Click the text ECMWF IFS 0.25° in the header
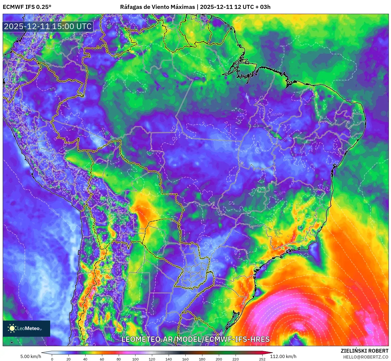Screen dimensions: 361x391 [27, 7]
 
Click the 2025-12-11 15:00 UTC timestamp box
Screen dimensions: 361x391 [48, 26]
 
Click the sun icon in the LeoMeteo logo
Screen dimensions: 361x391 [12, 328]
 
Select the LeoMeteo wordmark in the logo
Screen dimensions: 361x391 [29, 328]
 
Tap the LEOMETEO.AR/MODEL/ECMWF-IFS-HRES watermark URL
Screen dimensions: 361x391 [196, 339]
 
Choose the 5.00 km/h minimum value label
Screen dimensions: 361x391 [31, 356]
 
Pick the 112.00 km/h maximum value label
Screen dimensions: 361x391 [283, 356]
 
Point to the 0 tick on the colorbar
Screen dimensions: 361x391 [52, 359]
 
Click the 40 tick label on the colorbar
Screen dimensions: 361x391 [85, 359]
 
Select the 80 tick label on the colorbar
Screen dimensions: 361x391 [119, 359]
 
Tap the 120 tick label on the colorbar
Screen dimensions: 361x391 [152, 359]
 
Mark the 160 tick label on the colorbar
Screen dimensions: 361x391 [185, 359]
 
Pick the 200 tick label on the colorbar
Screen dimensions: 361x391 [219, 359]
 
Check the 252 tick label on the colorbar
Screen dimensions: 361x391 [262, 359]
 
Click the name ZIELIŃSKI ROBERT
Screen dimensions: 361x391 [365, 351]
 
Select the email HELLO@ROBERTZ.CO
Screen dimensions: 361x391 [366, 357]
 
